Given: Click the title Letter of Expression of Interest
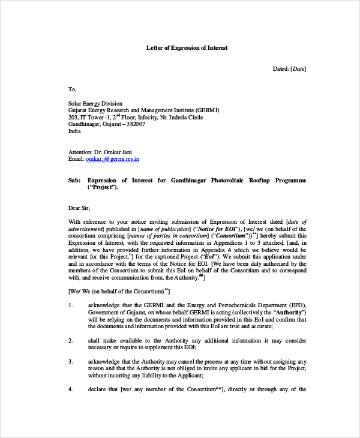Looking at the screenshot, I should pos(187,47).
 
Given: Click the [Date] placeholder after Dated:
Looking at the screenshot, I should pos(298,69).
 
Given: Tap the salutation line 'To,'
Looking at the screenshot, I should pos(73,89).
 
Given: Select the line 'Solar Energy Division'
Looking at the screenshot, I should pos(95,103).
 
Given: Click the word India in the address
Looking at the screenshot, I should pos(75,131).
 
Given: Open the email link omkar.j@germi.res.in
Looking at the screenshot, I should pos(113,160).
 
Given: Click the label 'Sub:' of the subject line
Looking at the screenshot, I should pos(74,180).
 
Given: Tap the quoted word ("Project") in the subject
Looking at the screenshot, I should pos(103,187).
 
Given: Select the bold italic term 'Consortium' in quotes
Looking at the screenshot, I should pos(231,236).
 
